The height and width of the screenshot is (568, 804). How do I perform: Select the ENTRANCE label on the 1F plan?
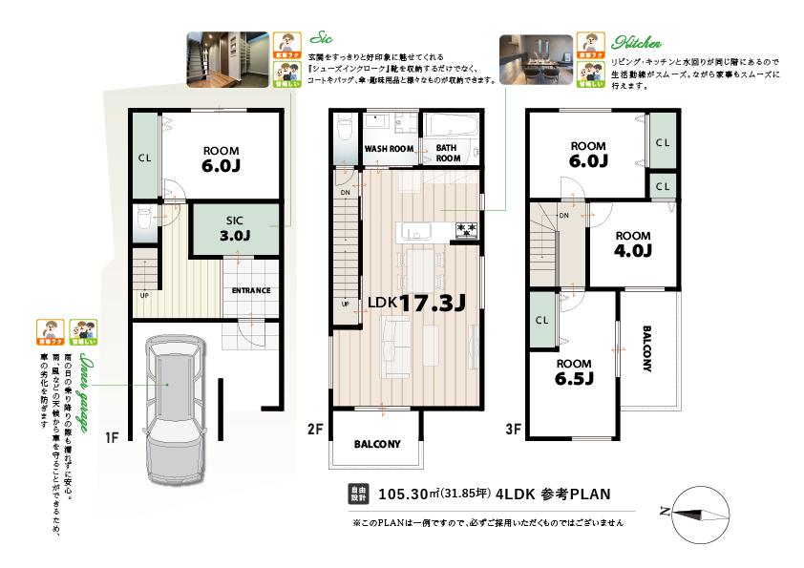tap(250, 291)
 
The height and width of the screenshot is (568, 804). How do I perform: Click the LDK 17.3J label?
tap(416, 304)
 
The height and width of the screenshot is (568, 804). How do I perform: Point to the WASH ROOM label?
tap(389, 150)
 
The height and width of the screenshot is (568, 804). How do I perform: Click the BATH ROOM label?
tap(449, 154)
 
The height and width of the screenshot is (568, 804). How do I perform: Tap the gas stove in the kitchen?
tap(467, 229)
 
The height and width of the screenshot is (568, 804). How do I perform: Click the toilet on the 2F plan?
tap(345, 129)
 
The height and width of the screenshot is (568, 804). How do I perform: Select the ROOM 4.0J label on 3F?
tap(632, 244)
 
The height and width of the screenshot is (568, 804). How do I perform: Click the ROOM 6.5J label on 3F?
tap(575, 371)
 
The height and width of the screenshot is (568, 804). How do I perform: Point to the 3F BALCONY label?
tap(646, 351)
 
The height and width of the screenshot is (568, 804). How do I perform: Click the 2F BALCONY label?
tap(377, 445)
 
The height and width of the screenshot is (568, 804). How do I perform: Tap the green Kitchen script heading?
tap(637, 44)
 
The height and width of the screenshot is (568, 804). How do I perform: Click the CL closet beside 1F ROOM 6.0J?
tap(145, 158)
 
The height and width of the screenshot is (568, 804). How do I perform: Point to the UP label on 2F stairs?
tap(345, 305)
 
